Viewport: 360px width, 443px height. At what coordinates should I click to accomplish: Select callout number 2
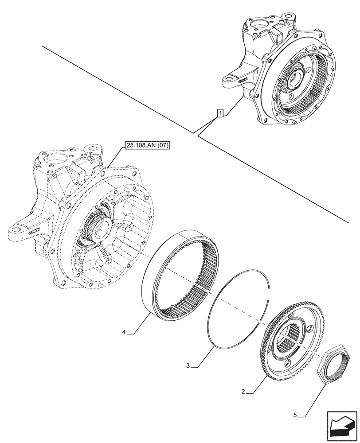pos(244,392)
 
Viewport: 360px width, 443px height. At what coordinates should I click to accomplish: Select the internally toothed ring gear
pos(183,275)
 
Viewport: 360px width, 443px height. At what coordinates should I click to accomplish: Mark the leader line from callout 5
pos(315,394)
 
